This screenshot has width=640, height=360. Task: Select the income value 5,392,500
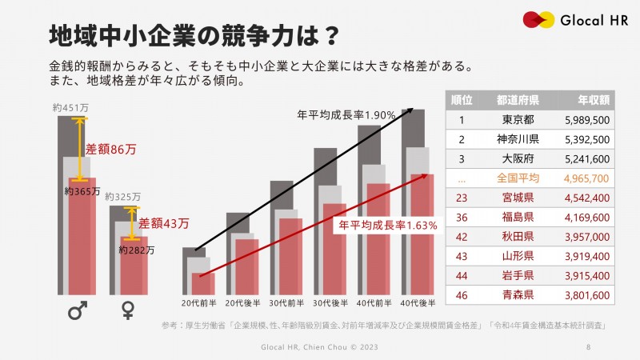tap(586, 139)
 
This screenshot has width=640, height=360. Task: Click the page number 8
tap(589, 347)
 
